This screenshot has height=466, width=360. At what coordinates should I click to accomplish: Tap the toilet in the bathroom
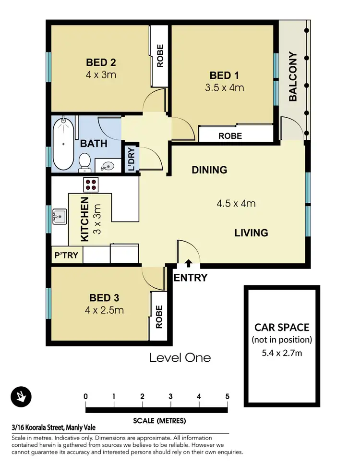pyautogui.click(x=84, y=161)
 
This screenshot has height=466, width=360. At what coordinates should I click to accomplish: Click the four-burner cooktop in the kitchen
pyautogui.click(x=91, y=184)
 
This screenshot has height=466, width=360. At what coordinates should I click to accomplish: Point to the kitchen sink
pyautogui.click(x=60, y=217)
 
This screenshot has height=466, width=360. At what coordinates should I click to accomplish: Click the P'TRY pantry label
pyautogui.click(x=66, y=255)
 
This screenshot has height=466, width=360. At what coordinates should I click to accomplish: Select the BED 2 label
pyautogui.click(x=101, y=62)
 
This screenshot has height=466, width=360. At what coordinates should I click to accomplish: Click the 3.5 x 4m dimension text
pyautogui.click(x=225, y=87)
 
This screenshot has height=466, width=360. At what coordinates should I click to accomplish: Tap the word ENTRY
pyautogui.click(x=191, y=278)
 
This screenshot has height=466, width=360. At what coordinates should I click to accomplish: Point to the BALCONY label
pyautogui.click(x=292, y=76)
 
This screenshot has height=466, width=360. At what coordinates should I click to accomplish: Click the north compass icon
pyautogui.click(x=21, y=397)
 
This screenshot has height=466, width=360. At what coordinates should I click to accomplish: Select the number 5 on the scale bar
pyautogui.click(x=227, y=396)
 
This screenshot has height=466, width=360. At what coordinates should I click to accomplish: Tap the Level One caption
pyautogui.click(x=180, y=357)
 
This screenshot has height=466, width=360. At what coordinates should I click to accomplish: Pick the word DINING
pyautogui.click(x=209, y=170)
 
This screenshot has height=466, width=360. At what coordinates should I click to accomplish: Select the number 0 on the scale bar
pyautogui.click(x=85, y=396)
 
